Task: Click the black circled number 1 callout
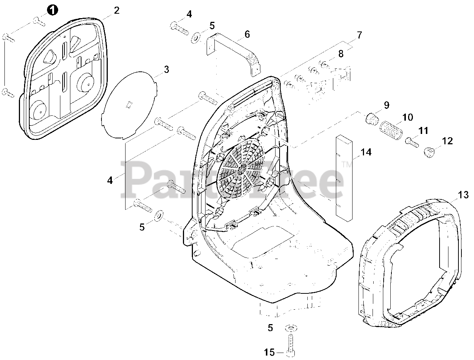53,10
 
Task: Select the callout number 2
117,10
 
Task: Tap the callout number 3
166,69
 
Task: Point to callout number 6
247,34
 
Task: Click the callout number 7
359,36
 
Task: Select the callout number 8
341,54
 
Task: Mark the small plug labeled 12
429,152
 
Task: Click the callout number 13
463,195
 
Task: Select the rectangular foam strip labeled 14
343,178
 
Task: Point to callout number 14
366,152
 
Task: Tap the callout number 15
270,352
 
